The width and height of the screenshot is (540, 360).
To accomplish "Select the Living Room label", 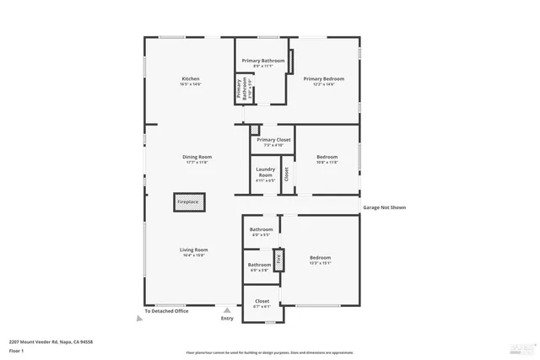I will (193, 250).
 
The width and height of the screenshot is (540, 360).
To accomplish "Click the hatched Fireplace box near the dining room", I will (187, 201).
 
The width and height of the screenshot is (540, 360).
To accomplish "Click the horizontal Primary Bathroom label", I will (262, 61).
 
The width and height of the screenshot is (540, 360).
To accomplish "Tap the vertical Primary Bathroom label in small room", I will (242, 89).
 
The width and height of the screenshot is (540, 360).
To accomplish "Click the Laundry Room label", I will (265, 172).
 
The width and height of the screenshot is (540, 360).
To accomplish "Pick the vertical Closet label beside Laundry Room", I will (286, 175).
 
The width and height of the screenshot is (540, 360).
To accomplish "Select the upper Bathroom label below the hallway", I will (261, 229).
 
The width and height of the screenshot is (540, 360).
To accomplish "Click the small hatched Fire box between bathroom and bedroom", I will (280, 258).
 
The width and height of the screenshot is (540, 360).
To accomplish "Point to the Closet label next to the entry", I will (262, 301).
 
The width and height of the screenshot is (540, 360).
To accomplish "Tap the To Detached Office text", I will (166, 312).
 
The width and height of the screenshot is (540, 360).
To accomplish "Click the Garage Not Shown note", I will (384, 206).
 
